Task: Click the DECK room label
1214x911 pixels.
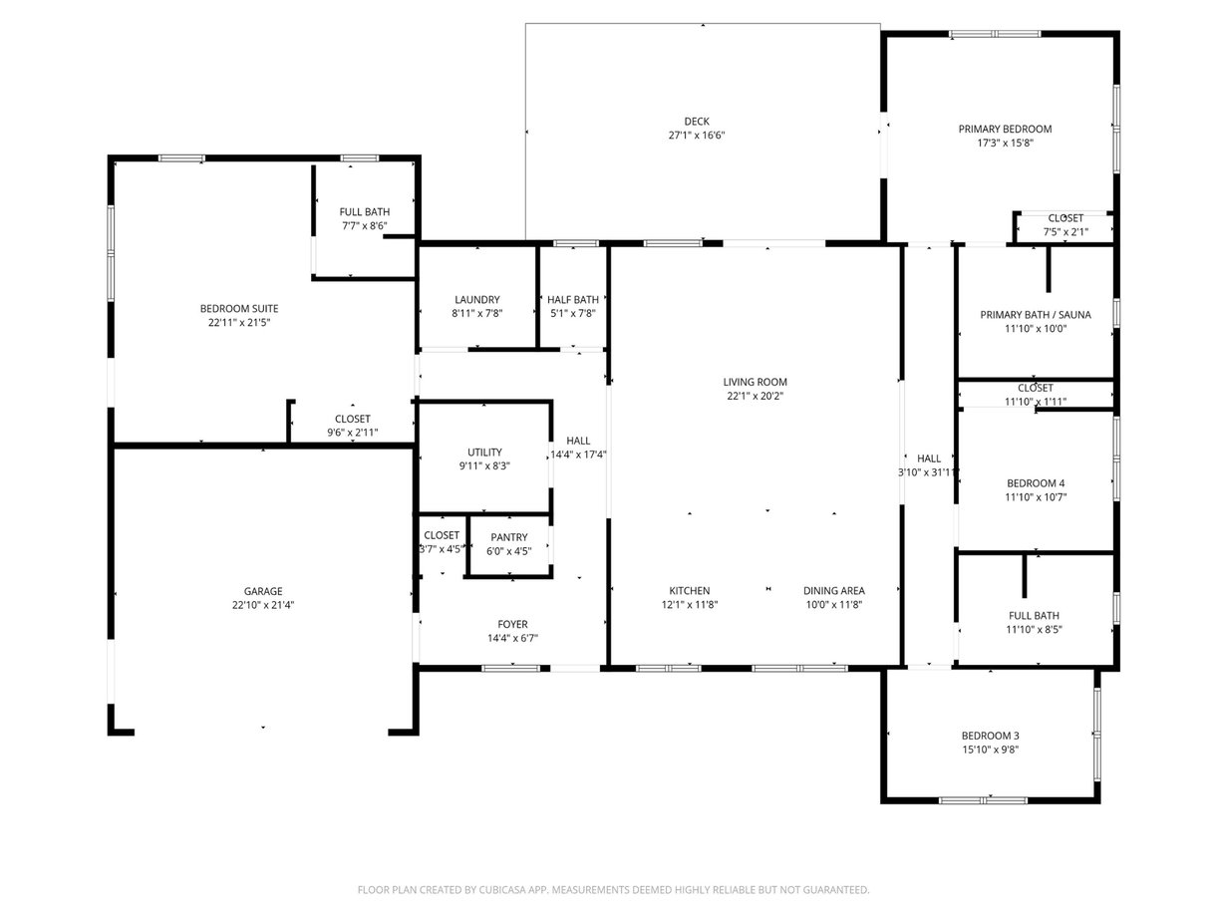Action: click(x=697, y=122)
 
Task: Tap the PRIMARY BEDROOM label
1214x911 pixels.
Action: click(x=1005, y=129)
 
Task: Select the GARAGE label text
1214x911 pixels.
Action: click(x=263, y=591)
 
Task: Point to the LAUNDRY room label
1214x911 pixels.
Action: click(x=477, y=300)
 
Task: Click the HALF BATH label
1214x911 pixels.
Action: click(x=573, y=300)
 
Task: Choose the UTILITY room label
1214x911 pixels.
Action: click(x=484, y=453)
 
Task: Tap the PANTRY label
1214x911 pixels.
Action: click(x=509, y=537)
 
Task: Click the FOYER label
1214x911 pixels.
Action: click(x=512, y=625)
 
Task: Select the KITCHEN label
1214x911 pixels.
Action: click(x=690, y=591)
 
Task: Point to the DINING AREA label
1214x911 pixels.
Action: click(x=834, y=591)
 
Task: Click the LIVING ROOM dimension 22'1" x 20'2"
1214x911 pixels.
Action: click(x=755, y=396)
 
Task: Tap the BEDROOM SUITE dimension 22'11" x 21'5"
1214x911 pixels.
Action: click(x=239, y=323)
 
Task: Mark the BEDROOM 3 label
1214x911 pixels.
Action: click(x=990, y=736)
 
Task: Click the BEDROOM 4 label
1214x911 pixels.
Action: click(x=1036, y=483)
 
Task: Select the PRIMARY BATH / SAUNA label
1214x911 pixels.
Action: click(x=1036, y=315)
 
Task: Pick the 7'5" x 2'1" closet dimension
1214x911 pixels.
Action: click(x=1065, y=232)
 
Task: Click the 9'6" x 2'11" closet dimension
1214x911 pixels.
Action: click(x=352, y=433)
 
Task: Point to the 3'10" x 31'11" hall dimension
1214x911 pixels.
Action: click(x=928, y=472)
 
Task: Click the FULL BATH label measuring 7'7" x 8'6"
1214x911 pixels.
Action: click(x=365, y=212)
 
